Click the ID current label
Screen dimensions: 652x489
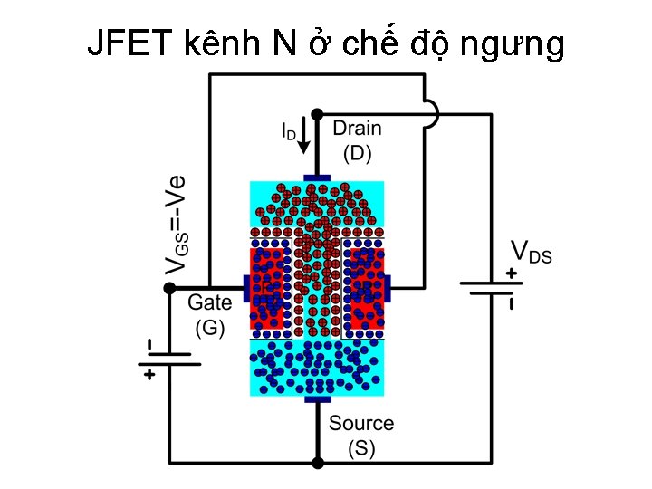[286, 132]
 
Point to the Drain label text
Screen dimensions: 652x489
[357, 129]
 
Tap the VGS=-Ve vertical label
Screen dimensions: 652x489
[178, 223]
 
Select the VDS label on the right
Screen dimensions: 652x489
[531, 251]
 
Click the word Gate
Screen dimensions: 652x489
[209, 304]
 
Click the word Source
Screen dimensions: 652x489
[361, 423]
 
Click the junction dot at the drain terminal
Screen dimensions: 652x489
[317, 114]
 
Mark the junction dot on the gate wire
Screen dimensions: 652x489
[168, 288]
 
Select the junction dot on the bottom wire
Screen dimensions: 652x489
[317, 463]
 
